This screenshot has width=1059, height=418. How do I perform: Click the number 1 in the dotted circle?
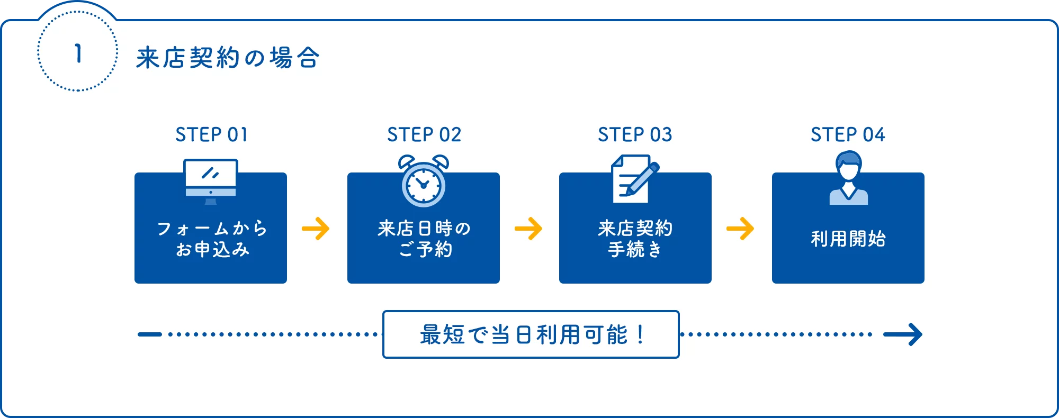click(x=78, y=53)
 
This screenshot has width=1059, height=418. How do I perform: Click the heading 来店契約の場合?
click(x=228, y=58)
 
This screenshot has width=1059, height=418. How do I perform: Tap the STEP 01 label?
click(x=211, y=135)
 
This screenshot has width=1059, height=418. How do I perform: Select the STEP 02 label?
click(x=424, y=135)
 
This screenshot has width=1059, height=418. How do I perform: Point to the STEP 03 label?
click(x=635, y=135)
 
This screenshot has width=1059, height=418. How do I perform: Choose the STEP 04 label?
click(x=848, y=135)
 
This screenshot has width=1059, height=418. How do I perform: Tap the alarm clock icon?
click(x=424, y=181)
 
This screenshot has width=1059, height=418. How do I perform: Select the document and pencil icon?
click(x=634, y=179)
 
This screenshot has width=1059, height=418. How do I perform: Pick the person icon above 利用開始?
click(x=848, y=178)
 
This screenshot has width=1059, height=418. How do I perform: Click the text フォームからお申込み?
click(x=212, y=239)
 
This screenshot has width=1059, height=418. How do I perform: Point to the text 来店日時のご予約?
click(x=424, y=239)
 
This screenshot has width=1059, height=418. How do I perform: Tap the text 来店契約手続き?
click(x=635, y=239)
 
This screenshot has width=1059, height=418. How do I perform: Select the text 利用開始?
click(x=848, y=239)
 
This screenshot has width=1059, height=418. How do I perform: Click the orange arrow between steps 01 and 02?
click(x=316, y=229)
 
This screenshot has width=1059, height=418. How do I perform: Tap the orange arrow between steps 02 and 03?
click(x=528, y=229)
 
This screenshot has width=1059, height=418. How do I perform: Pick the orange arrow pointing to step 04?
click(x=740, y=229)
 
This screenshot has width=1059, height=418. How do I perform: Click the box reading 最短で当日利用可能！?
click(x=531, y=334)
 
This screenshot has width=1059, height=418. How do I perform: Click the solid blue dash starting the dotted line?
click(x=150, y=334)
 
